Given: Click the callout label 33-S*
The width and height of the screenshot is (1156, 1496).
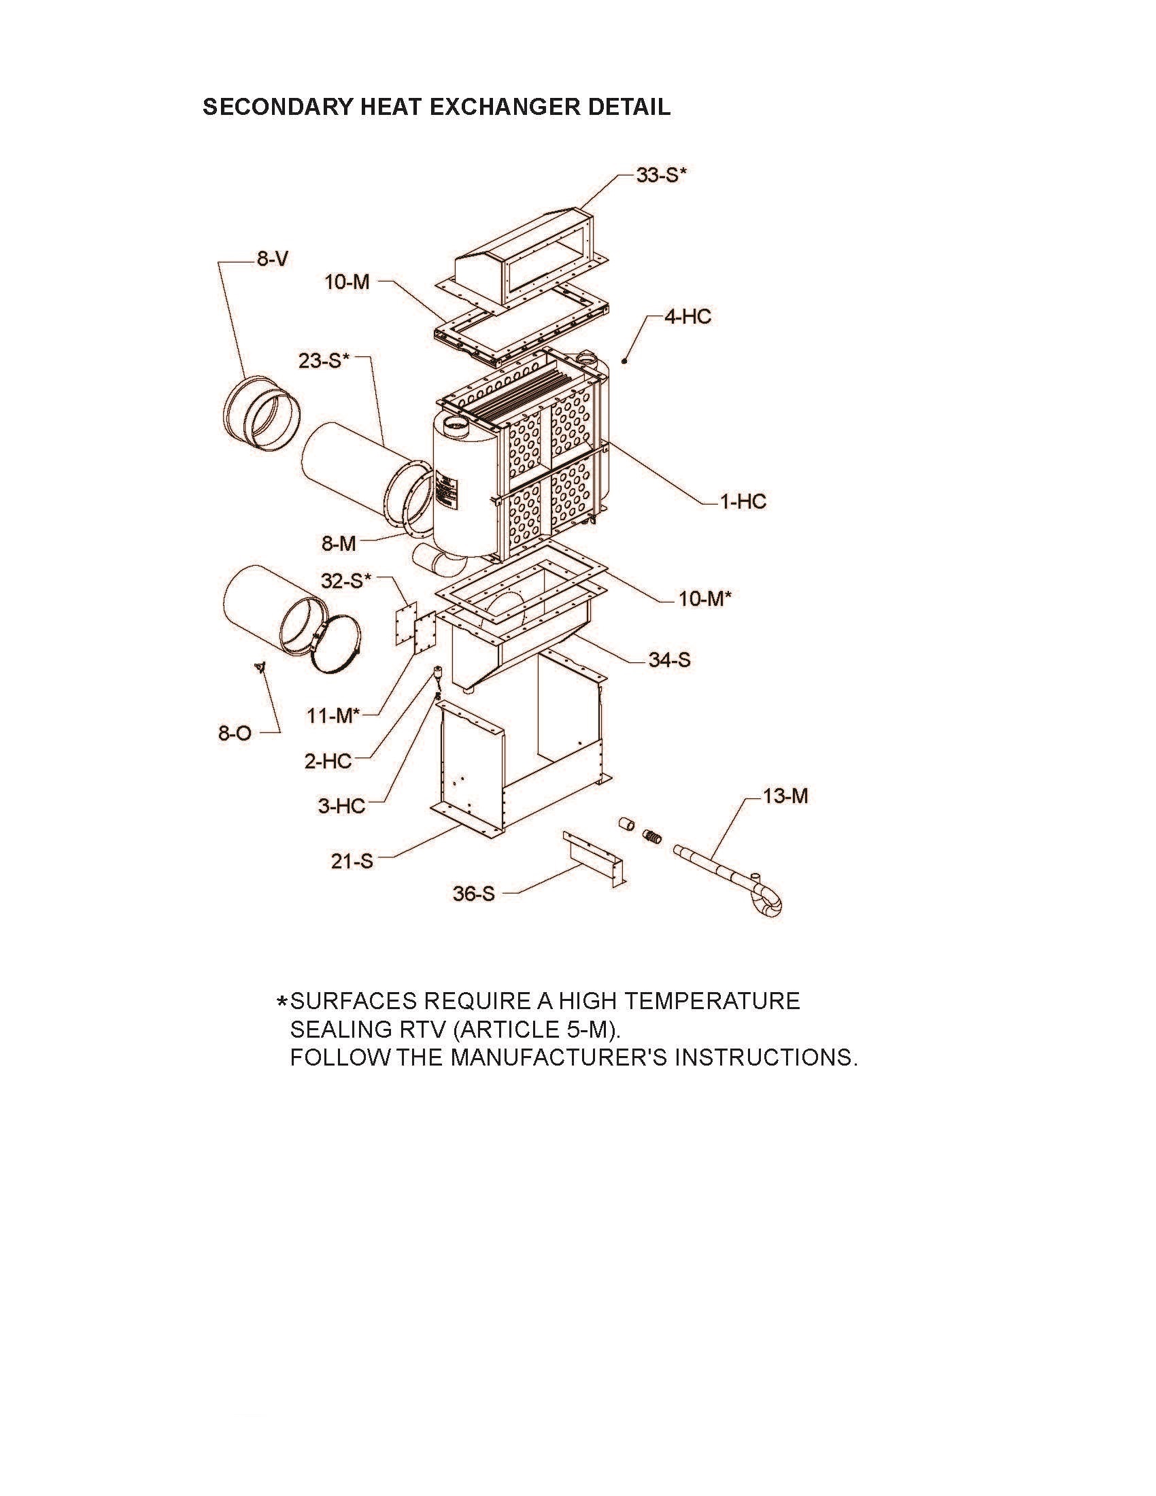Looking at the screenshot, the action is coord(661,175).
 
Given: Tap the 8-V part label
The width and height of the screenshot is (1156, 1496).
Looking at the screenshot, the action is coord(273,259).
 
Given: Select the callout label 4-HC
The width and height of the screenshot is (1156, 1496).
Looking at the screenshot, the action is coord(687,316).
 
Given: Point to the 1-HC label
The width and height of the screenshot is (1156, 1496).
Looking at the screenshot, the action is coord(743,501).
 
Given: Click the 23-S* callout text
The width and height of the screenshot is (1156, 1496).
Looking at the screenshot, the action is coord(324,361).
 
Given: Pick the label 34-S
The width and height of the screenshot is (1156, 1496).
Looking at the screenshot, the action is coord(670,660).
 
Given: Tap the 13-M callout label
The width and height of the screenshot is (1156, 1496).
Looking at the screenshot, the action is coord(785,796).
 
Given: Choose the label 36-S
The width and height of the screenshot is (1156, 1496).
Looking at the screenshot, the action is coord(473,894).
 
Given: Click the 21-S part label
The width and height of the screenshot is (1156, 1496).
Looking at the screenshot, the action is coord(352,861).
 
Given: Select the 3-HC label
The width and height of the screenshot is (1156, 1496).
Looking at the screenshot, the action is coord(341,806).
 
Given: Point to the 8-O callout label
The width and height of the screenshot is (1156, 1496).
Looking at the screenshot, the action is coord(235,734).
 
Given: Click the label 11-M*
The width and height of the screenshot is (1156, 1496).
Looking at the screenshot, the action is coord(333,716).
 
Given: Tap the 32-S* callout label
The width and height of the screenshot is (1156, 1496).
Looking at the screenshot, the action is coord(347,581).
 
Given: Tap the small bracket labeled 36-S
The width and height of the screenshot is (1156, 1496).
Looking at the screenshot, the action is coord(594,859).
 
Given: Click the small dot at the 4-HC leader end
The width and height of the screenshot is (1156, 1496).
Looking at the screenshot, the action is coord(624,360).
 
